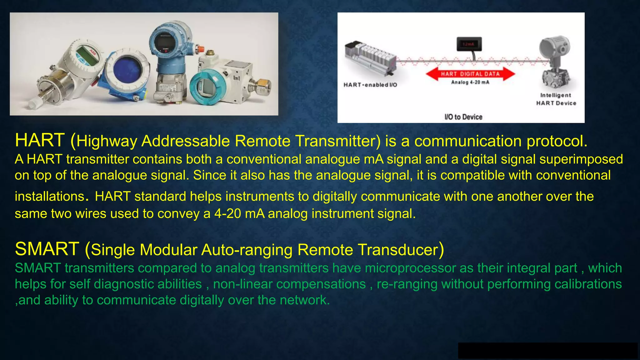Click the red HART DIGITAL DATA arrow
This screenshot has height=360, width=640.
click(470, 74)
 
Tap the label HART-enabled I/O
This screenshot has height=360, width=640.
click(370, 85)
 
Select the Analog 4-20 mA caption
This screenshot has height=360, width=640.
click(470, 82)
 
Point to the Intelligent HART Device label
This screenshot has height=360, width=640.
click(556, 99)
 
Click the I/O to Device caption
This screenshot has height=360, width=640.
click(463, 117)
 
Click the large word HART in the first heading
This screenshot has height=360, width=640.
click(40, 140)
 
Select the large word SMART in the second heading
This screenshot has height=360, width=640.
click(47, 249)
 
